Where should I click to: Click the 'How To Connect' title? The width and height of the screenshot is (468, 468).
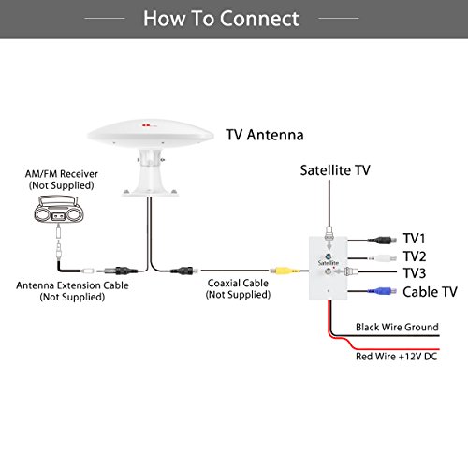pos(234,19)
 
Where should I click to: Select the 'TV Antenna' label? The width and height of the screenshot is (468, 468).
pos(265,135)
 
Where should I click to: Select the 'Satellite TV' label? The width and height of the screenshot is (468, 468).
pos(335,170)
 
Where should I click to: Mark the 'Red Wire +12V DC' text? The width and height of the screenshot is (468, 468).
pos(396,357)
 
